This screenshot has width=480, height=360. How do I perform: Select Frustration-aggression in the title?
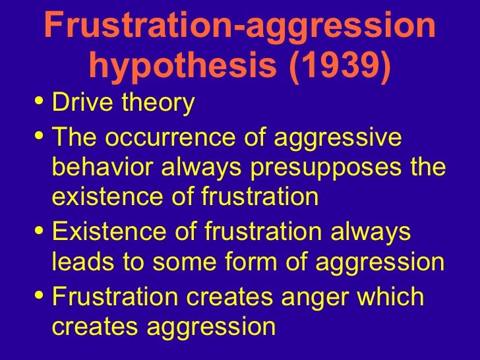(240, 26)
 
